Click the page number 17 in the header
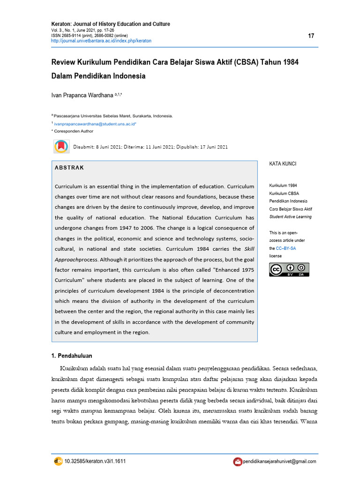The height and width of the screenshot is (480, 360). click(311, 37)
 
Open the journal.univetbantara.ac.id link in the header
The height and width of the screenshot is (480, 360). click(101, 41)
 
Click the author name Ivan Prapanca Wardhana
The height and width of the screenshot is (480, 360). click(82, 95)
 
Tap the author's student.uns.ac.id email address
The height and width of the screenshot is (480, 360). click(95, 124)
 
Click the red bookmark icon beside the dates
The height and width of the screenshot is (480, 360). click(61, 147)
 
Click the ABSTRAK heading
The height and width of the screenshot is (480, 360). click(69, 168)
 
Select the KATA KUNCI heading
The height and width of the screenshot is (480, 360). click(282, 164)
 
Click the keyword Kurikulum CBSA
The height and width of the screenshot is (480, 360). click(284, 194)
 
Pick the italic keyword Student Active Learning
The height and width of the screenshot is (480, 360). click(290, 217)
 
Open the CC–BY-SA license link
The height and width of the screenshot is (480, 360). click(286, 248)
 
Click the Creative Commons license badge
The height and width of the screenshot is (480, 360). click(289, 270)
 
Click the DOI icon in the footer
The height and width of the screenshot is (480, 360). click(58, 461)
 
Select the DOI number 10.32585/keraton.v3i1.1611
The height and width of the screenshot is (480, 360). click(95, 461)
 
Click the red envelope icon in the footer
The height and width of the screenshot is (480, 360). click(238, 462)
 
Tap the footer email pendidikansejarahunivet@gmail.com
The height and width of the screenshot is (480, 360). click(279, 462)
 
